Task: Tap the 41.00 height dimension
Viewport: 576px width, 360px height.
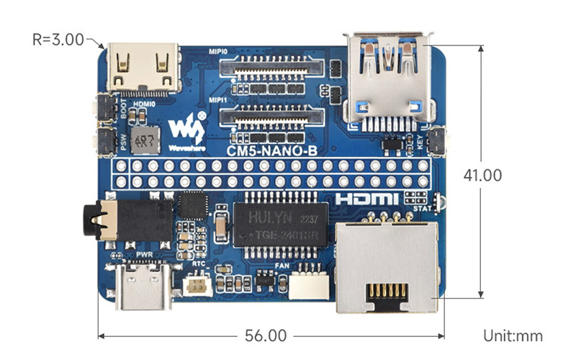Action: [482, 175]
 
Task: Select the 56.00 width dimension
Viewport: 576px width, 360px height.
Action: [266, 336]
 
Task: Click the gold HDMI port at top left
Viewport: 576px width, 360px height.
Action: [143, 68]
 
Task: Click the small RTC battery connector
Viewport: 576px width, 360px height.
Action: [197, 284]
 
